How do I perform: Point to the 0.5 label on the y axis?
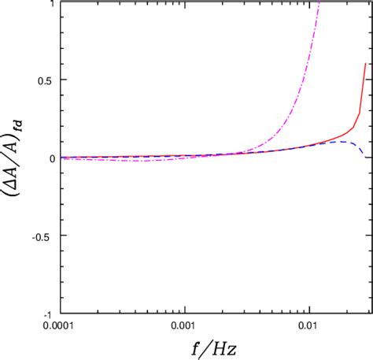pyautogui.click(x=45, y=81)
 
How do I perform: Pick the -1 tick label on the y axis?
pyautogui.click(x=47, y=313)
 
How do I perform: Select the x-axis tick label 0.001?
pyautogui.click(x=184, y=324)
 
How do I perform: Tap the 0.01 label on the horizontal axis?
pyautogui.click(x=308, y=324)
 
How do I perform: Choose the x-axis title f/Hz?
pyautogui.click(x=213, y=347)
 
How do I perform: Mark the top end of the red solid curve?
pyautogui.click(x=365, y=64)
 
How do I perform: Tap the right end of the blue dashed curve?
pyautogui.click(x=366, y=156)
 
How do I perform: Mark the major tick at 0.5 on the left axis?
pyautogui.click(x=62, y=80)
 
